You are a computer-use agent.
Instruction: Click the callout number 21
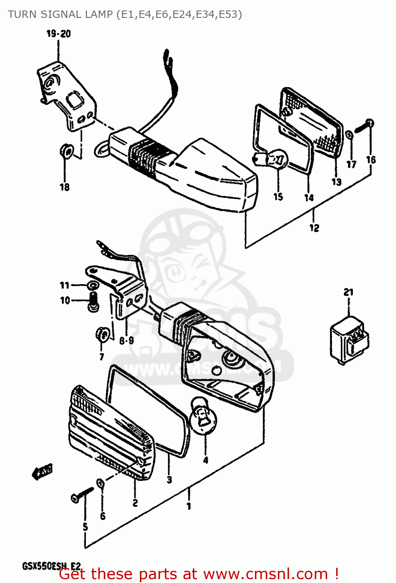pyautogui.click(x=348, y=292)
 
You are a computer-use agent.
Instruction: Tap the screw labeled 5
pyautogui.click(x=82, y=494)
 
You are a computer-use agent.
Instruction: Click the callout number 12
pyautogui.click(x=314, y=228)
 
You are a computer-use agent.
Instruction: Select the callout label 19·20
pyautogui.click(x=59, y=34)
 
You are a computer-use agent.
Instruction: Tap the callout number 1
pyautogui.click(x=189, y=506)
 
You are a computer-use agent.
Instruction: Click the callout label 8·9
pyautogui.click(x=126, y=341)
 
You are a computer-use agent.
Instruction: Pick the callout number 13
pyautogui.click(x=336, y=182)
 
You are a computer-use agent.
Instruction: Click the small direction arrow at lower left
pyautogui.click(x=42, y=471)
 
